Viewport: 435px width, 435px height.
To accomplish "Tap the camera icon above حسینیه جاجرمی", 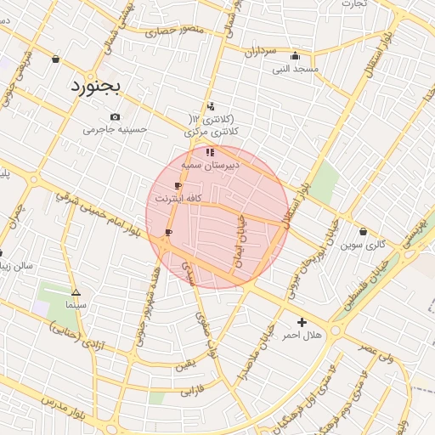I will tap(115, 116).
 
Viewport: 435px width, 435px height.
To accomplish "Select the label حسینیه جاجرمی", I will tap(115, 130).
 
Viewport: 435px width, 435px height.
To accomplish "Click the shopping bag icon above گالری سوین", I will tap(364, 231).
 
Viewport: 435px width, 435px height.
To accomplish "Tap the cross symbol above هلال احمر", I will tap(302, 322).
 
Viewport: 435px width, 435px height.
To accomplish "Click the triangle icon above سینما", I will tap(76, 291).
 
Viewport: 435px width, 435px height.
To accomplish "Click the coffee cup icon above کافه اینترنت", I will tap(178, 185).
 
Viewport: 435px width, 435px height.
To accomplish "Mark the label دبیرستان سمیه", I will tap(212, 165).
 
